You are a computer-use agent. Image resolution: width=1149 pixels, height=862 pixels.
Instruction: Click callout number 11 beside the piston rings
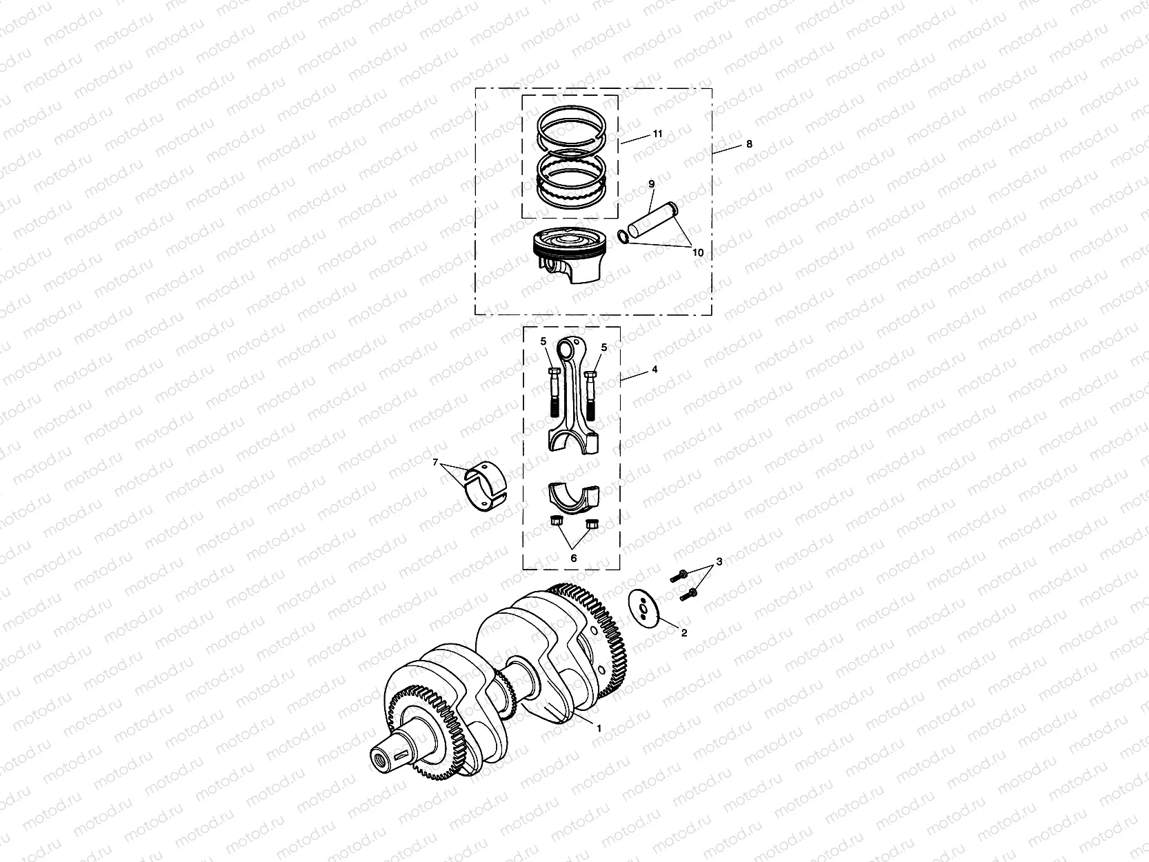[x=657, y=134]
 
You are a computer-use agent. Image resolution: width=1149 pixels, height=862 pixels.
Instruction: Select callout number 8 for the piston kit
[x=750, y=144]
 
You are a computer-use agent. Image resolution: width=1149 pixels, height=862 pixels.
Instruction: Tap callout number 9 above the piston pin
[x=650, y=184]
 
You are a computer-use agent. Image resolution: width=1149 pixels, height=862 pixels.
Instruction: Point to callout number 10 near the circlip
[x=698, y=253]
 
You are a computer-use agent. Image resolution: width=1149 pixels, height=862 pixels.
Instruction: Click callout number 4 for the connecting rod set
[x=655, y=370]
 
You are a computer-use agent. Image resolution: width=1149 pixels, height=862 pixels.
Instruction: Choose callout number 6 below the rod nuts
[x=573, y=558]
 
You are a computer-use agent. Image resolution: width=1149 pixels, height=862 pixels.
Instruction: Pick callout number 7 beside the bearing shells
[x=435, y=463]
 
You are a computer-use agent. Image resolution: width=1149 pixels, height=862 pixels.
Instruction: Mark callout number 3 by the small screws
[x=719, y=562]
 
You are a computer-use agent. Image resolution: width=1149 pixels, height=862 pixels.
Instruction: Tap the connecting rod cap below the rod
[x=574, y=497]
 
